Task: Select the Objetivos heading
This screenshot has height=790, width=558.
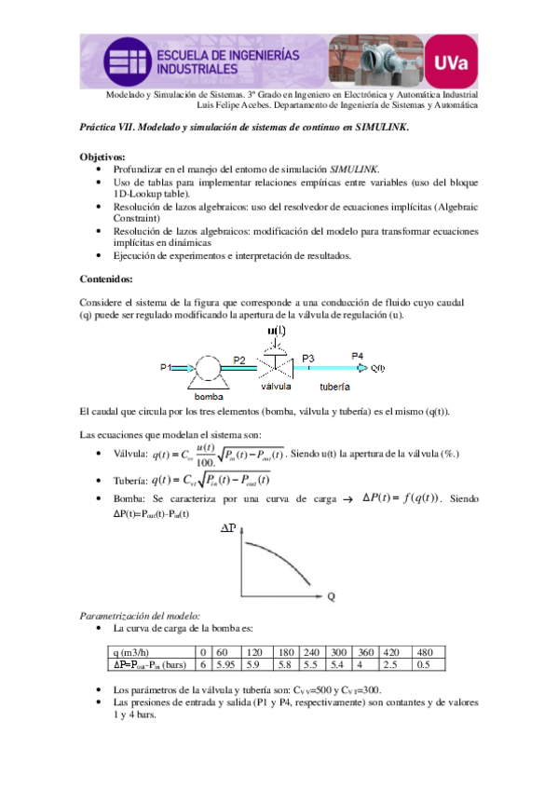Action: coord(103,157)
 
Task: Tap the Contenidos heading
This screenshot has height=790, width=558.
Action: coord(107,278)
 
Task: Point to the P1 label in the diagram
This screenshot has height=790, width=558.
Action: coord(165,368)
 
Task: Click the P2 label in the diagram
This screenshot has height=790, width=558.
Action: coord(239,360)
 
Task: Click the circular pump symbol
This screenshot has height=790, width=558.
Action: coord(206,369)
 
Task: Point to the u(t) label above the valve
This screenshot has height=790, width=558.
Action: coord(277,333)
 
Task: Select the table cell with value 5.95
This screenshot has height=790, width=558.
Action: coord(225,665)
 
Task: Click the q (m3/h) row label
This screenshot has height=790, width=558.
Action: coord(132,652)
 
